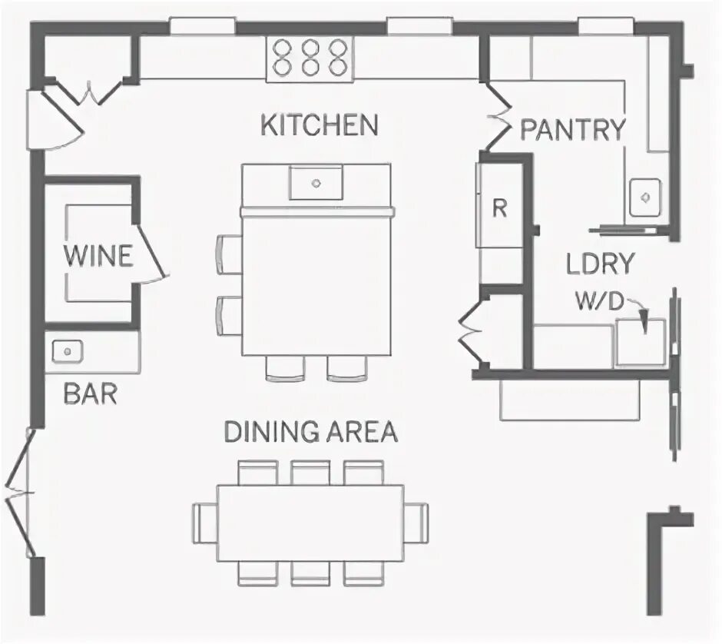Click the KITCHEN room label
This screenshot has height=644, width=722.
[320, 124]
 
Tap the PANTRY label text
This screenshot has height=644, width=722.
[573, 130]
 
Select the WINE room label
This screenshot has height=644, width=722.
[98, 256]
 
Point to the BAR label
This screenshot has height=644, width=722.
[90, 394]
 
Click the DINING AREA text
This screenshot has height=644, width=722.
[311, 432]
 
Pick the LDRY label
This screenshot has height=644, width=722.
[600, 264]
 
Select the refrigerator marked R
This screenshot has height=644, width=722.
[499, 208]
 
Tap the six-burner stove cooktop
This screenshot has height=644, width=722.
[311, 58]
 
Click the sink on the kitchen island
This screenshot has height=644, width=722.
[316, 183]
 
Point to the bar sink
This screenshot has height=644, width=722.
[68, 351]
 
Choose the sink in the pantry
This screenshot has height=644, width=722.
[645, 198]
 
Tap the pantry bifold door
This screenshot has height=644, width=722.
[498, 118]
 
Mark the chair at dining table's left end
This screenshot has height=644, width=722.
[204, 523]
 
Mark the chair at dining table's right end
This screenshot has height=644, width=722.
[417, 523]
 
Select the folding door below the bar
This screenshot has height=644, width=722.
[22, 492]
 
